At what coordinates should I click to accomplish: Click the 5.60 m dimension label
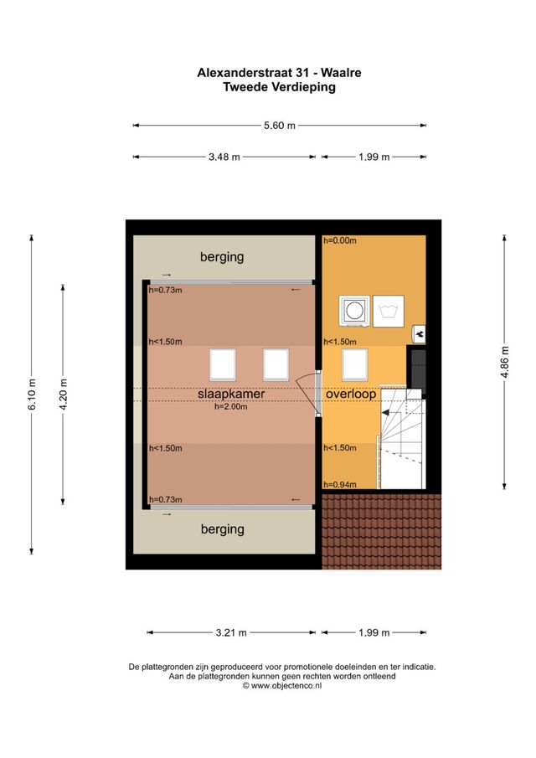coord(280,126)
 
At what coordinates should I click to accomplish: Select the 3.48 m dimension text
coord(224,157)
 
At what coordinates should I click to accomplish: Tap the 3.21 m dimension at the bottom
coord(231,632)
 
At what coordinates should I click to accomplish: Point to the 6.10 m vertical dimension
coord(32,394)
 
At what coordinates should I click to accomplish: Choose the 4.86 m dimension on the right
coord(504,363)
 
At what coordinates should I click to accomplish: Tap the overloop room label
coord(351,393)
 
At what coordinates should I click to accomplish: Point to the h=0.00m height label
coord(340,241)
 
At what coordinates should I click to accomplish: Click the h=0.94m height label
coord(340,484)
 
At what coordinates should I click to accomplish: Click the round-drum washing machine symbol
coord(353,311)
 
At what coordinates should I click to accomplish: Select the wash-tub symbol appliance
coord(389,311)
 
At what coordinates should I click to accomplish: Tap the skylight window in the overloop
coord(355,364)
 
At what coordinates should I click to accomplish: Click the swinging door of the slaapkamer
coord(308,392)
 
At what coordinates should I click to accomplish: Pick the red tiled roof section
coord(381,531)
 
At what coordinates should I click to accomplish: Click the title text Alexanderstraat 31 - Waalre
coord(279,73)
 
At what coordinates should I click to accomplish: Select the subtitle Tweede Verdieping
coord(279,86)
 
